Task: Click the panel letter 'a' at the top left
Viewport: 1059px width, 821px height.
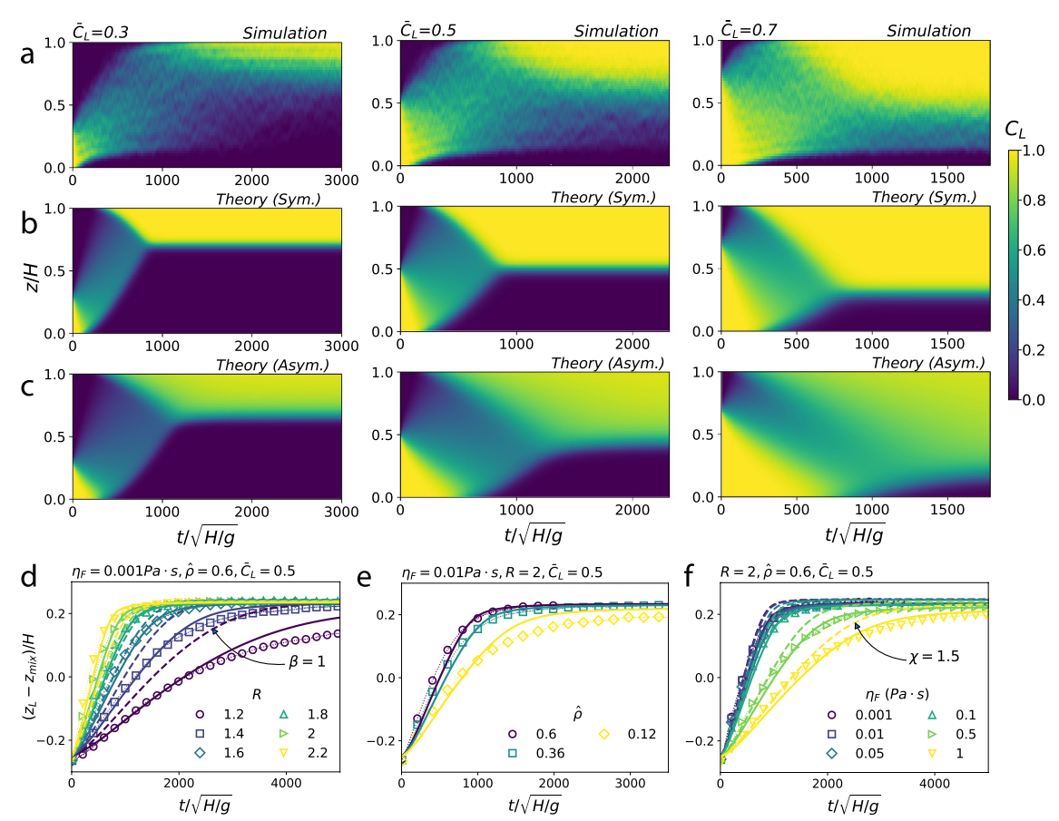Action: (x=27, y=54)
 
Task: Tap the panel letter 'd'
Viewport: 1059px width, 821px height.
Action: (x=28, y=576)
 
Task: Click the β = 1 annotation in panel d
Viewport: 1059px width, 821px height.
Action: (x=308, y=661)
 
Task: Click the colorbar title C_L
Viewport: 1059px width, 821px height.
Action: (x=1015, y=129)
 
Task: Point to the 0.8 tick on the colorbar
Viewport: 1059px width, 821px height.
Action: (x=1032, y=200)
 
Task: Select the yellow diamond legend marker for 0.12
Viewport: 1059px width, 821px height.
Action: (x=603, y=734)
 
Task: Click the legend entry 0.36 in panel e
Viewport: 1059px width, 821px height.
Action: (x=538, y=753)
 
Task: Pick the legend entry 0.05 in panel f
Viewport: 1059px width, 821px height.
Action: (x=857, y=753)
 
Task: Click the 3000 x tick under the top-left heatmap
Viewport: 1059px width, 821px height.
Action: (x=341, y=180)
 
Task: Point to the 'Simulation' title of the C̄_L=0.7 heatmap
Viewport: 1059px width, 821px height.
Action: (x=928, y=31)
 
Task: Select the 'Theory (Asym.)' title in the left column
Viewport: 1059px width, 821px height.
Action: (x=272, y=366)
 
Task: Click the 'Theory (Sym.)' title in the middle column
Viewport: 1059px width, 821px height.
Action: (x=603, y=197)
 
